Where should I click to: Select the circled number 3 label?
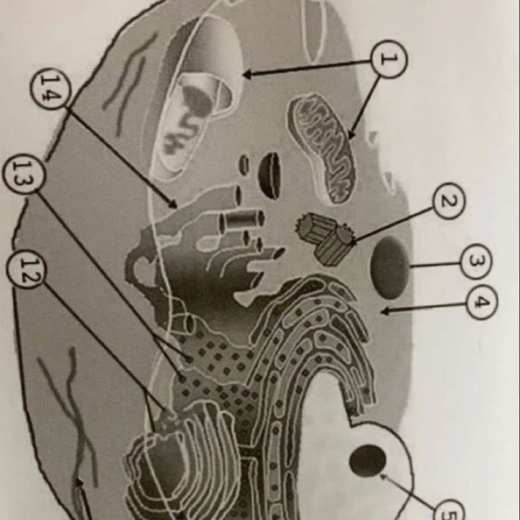pos(475,262)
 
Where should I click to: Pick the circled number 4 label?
pos(482,302)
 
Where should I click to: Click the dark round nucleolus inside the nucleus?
pos(368,460)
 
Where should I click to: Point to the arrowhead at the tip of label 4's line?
pos(385,312)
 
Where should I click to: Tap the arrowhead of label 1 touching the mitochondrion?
pos(351,135)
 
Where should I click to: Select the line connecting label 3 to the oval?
pos(435,265)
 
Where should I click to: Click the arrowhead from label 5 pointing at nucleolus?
pos(383,477)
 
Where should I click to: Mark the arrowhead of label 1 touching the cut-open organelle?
pos(247,74)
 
